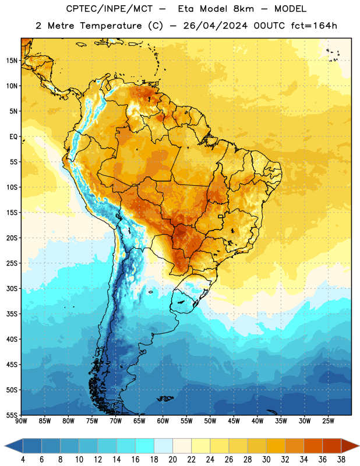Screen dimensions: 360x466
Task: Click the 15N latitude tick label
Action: [x=12, y=61]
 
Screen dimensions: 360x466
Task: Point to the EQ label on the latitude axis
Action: [x=13, y=137]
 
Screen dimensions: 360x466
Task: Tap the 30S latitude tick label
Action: [x=12, y=288]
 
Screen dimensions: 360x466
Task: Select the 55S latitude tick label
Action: [x=12, y=415]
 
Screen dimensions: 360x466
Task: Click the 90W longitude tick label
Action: [x=21, y=421]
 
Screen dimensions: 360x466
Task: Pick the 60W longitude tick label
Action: [x=163, y=421]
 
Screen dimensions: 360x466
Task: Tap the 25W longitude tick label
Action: [x=328, y=421]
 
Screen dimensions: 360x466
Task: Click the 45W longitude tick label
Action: [x=234, y=421]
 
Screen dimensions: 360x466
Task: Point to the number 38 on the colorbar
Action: [x=341, y=460]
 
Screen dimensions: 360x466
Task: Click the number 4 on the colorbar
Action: [x=23, y=460]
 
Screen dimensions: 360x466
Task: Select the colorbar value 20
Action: [x=172, y=460]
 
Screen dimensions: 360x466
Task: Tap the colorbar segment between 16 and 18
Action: [x=144, y=446]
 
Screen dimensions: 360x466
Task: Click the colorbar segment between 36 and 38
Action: [x=332, y=446]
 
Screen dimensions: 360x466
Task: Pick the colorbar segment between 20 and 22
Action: [x=182, y=446]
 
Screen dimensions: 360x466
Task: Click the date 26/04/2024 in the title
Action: [x=215, y=26]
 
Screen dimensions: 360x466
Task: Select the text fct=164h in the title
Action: [x=314, y=26]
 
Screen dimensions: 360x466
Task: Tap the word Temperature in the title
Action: [x=111, y=26]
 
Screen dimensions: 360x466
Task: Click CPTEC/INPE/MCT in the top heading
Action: [x=110, y=9]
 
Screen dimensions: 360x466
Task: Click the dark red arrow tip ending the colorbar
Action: [x=350, y=446]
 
